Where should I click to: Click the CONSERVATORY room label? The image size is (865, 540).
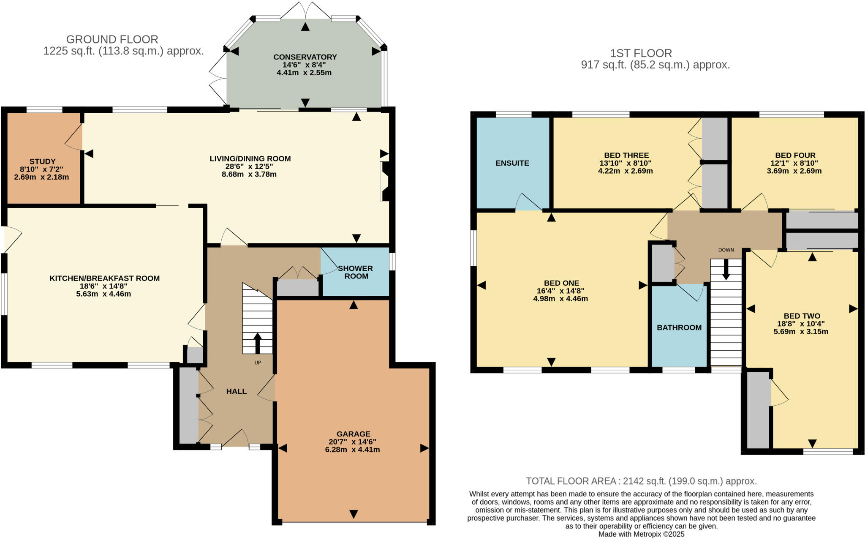[305, 57]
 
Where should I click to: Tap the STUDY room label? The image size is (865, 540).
[42, 161]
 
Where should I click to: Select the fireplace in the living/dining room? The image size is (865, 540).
[385, 181]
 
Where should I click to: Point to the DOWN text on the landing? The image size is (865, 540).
[726, 250]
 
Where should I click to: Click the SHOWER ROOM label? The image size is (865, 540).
[356, 272]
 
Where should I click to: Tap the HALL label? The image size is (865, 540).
[236, 391]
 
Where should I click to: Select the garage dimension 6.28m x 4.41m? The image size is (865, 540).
[352, 450]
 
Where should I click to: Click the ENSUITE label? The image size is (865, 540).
[512, 163]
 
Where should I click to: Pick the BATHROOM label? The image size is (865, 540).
[679, 327]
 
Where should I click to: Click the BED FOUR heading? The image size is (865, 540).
[795, 155]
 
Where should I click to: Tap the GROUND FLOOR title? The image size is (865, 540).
[112, 39]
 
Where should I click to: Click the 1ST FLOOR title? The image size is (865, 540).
[641, 53]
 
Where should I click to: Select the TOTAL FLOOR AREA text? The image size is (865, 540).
[641, 481]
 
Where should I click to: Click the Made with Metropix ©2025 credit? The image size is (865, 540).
[641, 534]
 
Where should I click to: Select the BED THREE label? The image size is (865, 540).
[626, 155]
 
